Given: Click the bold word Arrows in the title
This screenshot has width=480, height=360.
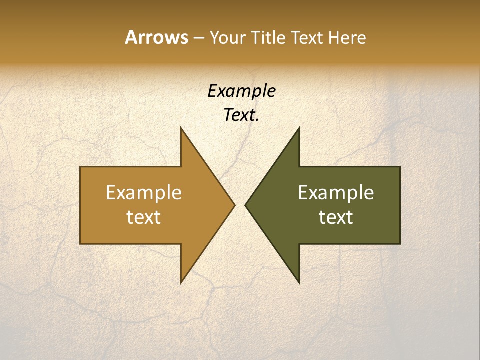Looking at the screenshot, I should [156, 37].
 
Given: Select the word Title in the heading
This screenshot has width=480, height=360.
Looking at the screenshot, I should [268, 37].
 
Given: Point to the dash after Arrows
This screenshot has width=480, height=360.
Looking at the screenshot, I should [198, 38].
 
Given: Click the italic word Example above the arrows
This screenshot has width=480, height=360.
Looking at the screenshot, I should [241, 91].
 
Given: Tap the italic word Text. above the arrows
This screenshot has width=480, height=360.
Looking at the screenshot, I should [241, 115].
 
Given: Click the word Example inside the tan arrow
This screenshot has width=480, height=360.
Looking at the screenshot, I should [144, 193].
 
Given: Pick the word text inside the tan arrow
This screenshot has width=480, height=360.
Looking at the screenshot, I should [144, 217].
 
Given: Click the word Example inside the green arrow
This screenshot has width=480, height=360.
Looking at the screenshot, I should [336, 193].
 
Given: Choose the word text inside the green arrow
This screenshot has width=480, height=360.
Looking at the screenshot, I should [336, 217].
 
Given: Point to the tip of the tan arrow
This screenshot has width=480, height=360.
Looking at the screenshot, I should [234, 205].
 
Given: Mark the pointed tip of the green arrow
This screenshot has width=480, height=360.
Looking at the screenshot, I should [246, 205].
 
